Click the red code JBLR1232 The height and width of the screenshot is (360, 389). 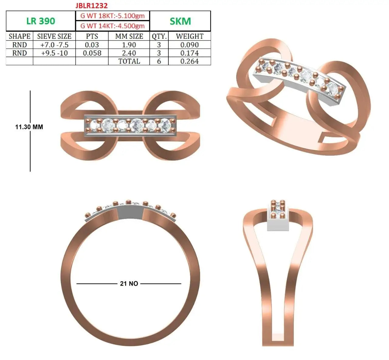[91, 6]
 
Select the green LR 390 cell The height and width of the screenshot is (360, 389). [41, 21]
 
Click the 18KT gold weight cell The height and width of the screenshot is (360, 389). [112, 16]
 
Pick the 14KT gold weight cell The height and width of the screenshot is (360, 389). [112, 26]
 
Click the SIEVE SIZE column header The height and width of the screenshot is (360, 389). [54, 36]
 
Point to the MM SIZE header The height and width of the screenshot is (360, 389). [129, 36]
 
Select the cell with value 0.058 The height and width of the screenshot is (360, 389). [92, 53]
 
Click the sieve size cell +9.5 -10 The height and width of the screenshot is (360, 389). [54, 53]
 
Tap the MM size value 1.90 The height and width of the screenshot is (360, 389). [129, 45]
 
